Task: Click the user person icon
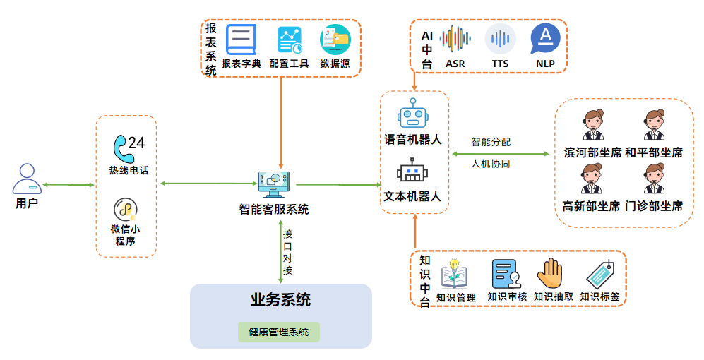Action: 27,179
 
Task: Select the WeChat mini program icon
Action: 126,209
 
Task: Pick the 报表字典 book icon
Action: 241,40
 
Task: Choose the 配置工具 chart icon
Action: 290,40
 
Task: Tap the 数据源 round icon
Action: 335,40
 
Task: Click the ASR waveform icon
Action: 455,40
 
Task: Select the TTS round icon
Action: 500,40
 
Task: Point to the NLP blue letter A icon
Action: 545,38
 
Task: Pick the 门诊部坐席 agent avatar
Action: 655,179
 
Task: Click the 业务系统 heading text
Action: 280,299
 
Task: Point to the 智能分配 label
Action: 491,142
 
